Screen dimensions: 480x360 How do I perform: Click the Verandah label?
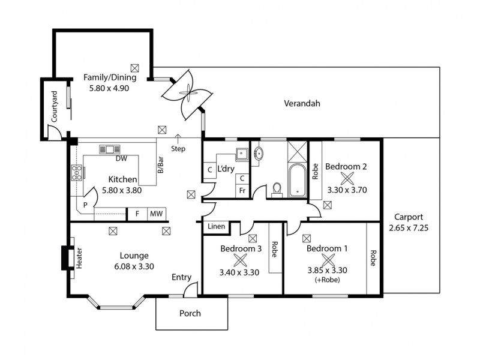click(302, 103)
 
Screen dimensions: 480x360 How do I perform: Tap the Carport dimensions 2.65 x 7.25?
click(409, 228)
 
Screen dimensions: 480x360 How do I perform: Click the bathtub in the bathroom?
click(297, 181)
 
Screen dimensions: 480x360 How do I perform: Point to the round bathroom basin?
click(259, 153)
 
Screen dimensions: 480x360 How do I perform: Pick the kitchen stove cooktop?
click(77, 173)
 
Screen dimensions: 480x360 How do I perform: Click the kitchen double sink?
click(110, 149)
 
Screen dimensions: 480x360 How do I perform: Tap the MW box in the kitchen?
click(156, 214)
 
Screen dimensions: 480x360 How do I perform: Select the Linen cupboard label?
click(216, 226)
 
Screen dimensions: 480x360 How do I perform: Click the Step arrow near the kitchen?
click(178, 139)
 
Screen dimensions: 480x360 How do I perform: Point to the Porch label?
click(190, 313)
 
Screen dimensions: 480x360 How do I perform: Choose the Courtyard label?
click(54, 106)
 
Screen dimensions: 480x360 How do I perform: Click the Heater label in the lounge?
click(79, 258)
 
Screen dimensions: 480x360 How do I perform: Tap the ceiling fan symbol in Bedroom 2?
click(347, 178)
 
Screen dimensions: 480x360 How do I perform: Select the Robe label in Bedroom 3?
click(275, 249)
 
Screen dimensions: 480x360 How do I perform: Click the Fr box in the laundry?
click(242, 190)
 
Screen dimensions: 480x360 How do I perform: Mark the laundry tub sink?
click(242, 154)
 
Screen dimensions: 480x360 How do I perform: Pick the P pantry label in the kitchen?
click(85, 205)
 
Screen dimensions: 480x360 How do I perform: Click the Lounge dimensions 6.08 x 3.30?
click(134, 266)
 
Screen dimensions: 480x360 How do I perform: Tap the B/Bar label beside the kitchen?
click(161, 165)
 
